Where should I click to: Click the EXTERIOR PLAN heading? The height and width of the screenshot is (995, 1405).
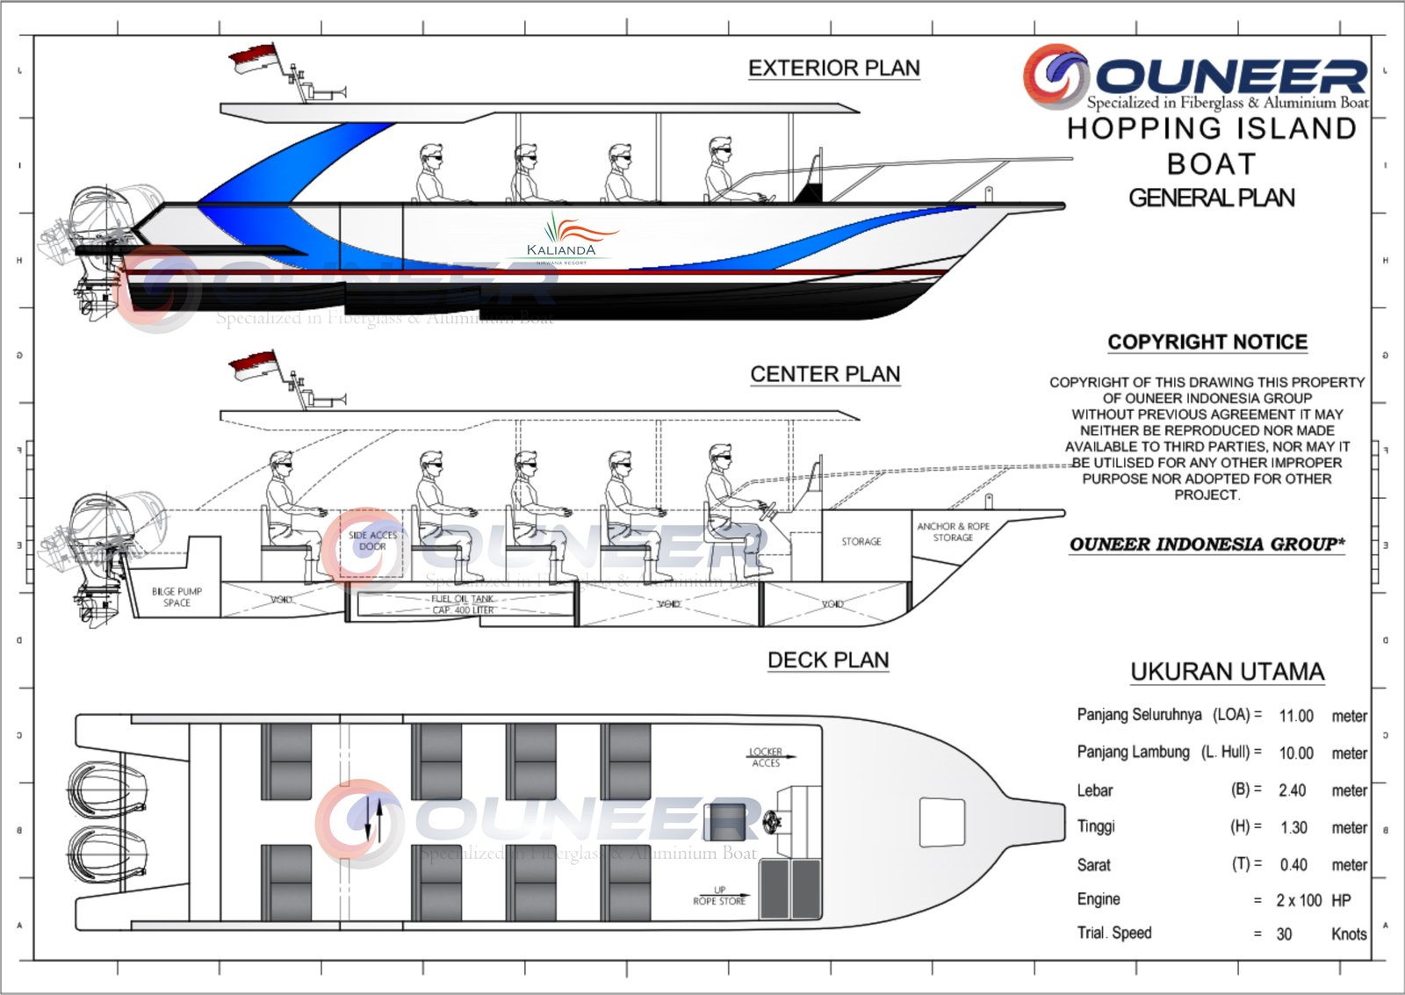[833, 68]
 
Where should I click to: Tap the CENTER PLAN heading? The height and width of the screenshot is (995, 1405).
[825, 374]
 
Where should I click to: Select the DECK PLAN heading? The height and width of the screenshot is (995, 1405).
[828, 660]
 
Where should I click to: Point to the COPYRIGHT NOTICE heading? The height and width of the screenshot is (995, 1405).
[1207, 342]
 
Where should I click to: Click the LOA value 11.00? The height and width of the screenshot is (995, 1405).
[1296, 716]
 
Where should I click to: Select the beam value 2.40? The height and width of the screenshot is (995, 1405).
[1292, 790]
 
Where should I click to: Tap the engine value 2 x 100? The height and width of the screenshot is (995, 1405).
[1299, 900]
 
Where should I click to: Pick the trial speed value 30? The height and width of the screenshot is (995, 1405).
[1284, 934]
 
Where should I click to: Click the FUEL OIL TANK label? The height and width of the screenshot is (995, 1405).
[463, 604]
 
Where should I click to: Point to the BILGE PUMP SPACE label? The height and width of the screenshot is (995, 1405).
[177, 597]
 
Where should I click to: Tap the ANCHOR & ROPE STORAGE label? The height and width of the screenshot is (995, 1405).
[953, 532]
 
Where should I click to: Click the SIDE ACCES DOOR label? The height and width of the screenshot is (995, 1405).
[372, 540]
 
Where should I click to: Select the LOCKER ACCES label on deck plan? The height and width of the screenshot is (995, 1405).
[766, 757]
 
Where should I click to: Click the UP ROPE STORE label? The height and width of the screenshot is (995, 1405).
[719, 896]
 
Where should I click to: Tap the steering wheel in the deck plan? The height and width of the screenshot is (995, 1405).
[773, 821]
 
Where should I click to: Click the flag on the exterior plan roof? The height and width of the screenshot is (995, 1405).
[253, 60]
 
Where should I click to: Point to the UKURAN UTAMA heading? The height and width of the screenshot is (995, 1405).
[1227, 672]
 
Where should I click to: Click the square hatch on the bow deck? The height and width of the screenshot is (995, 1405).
[941, 822]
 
